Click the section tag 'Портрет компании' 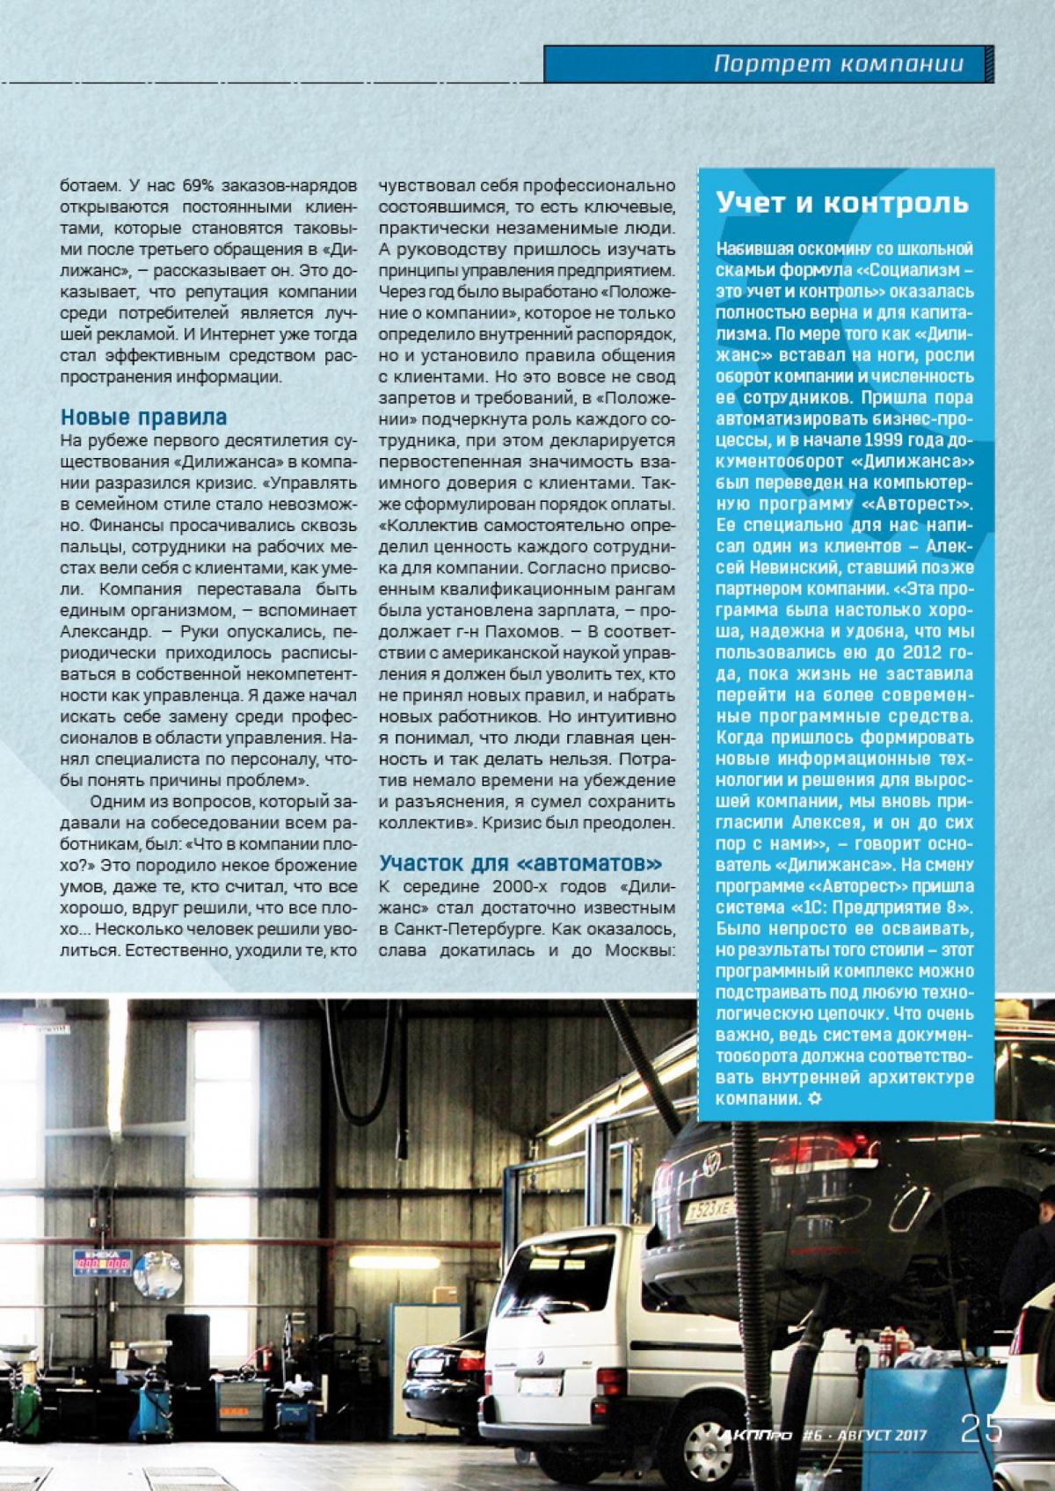(x=838, y=63)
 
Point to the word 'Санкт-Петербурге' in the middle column (x=455, y=905)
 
